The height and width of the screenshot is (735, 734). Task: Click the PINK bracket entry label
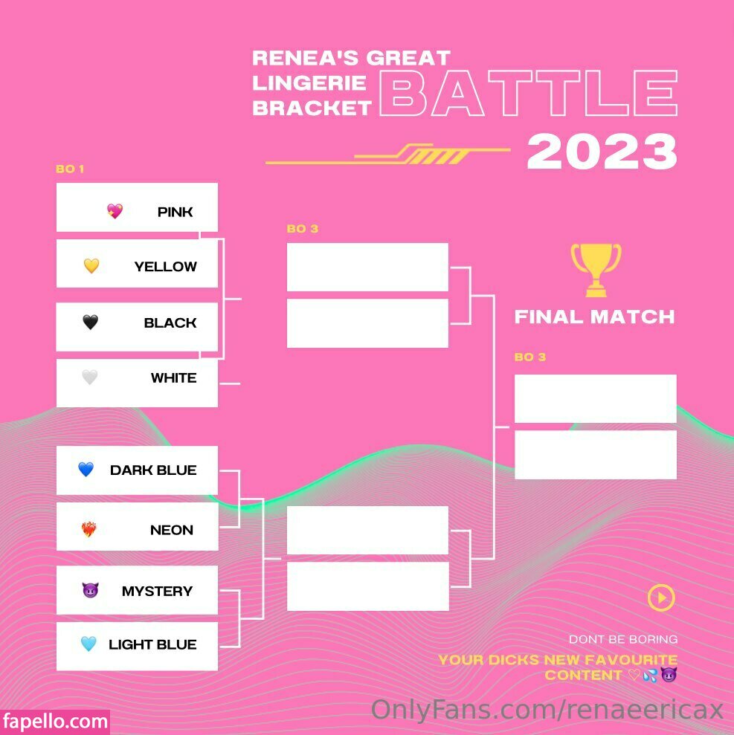(x=175, y=212)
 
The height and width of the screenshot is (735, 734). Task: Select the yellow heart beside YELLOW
(x=91, y=266)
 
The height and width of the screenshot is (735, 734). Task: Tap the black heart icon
(x=91, y=322)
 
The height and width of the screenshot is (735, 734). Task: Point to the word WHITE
(x=173, y=378)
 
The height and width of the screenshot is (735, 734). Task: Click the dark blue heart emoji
(x=86, y=469)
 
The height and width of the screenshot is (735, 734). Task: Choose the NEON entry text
(x=172, y=530)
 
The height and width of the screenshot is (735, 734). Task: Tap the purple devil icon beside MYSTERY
(x=91, y=590)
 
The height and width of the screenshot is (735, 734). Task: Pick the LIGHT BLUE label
(x=152, y=644)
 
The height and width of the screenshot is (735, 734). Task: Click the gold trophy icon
(x=596, y=270)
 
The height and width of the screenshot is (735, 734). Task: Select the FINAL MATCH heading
(x=595, y=317)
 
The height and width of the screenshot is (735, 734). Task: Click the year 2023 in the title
(x=602, y=151)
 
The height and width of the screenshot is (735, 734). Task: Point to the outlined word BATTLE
(x=529, y=93)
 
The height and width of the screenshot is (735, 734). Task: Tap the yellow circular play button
(x=661, y=598)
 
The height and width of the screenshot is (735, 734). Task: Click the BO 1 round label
(x=70, y=169)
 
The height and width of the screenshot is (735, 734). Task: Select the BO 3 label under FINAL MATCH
(x=530, y=357)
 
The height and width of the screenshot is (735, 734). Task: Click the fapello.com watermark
(x=55, y=722)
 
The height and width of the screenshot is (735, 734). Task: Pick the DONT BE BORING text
(x=623, y=639)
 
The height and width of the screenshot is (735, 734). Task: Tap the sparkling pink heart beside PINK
(x=115, y=211)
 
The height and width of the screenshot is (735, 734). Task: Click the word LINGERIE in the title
(x=309, y=83)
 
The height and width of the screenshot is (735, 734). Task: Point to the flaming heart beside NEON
(x=88, y=528)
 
